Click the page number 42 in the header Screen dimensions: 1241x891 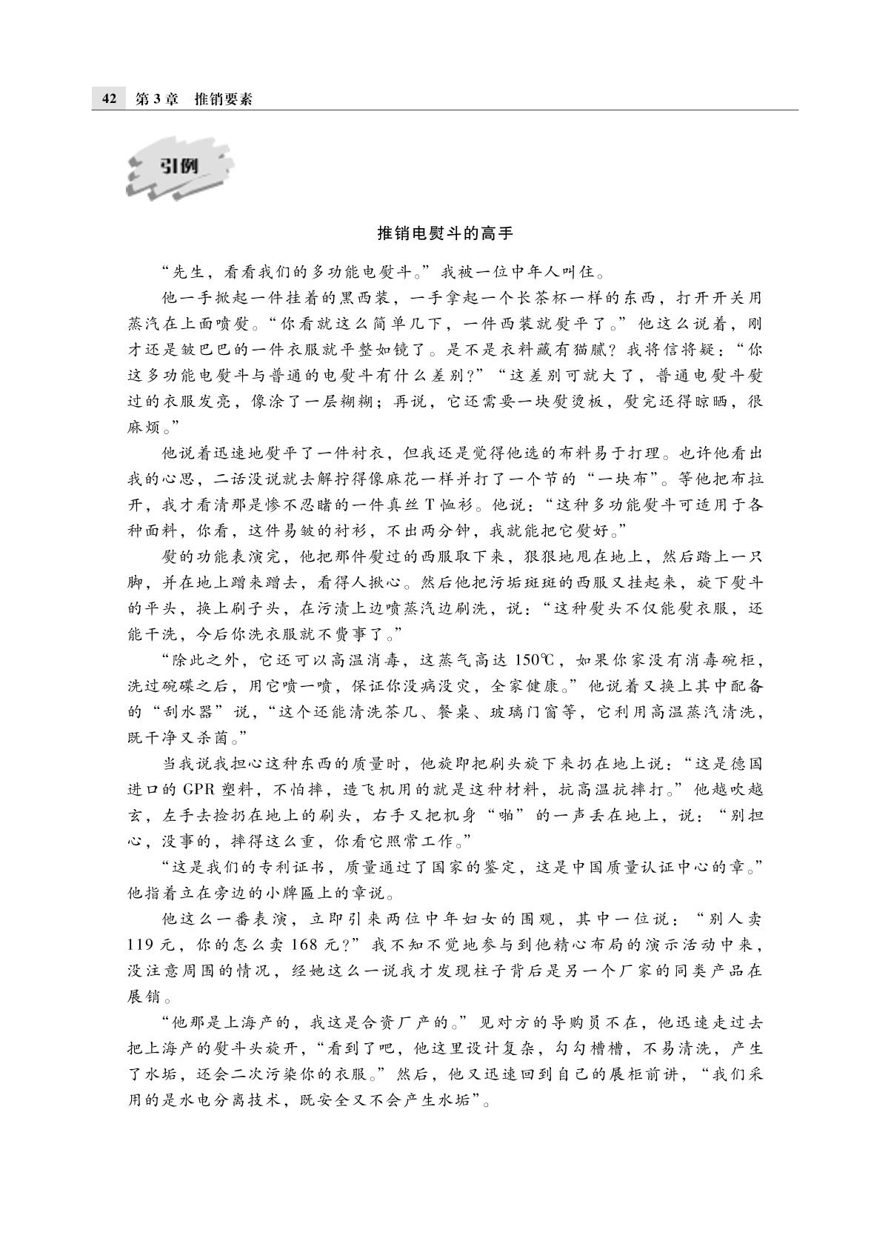[109, 99]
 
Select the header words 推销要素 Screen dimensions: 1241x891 [223, 99]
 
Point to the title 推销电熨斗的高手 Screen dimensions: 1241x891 [445, 233]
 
